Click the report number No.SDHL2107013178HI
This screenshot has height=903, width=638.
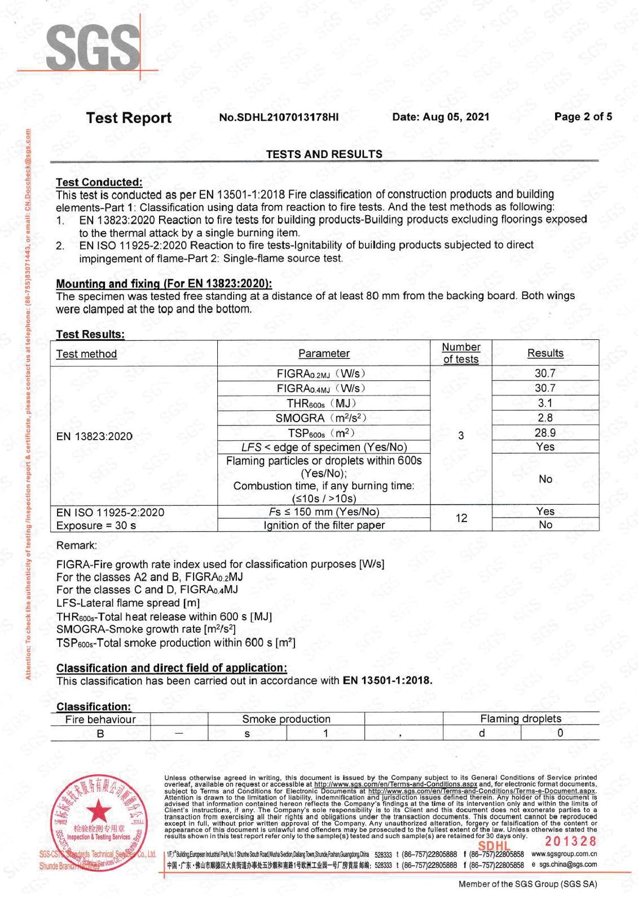279,117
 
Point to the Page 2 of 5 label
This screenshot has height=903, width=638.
583,117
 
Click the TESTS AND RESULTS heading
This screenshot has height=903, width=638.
324,154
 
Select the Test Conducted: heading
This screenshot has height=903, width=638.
99,182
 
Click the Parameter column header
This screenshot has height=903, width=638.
324,353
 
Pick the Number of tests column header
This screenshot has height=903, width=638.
461,353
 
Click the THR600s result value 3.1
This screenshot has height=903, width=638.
545,403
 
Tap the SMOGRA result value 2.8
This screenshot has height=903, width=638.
545,418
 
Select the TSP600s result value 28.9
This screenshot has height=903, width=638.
545,433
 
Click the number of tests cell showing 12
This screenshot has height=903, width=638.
461,518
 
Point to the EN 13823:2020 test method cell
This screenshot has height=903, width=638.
94,436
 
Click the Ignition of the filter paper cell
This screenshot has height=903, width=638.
324,525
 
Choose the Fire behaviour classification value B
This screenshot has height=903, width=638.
100,733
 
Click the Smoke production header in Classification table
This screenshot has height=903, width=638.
286,719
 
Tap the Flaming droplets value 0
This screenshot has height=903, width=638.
560,733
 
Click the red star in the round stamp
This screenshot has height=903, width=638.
100,812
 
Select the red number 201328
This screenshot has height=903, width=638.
570,841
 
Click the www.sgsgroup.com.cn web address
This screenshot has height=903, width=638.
564,854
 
